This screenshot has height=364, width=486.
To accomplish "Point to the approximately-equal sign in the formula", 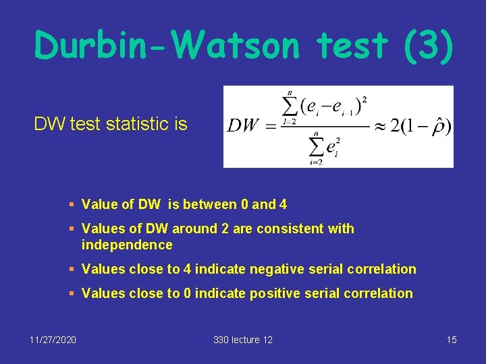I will pos(380,126).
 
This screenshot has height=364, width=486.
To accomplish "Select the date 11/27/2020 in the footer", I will pos(53,340).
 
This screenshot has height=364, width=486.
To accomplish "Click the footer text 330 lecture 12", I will pos(243,340).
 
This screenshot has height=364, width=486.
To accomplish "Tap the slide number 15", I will pos(452,340).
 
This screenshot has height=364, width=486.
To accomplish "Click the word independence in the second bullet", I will pos(127,245).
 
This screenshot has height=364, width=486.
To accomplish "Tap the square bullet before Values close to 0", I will pos(71,294).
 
